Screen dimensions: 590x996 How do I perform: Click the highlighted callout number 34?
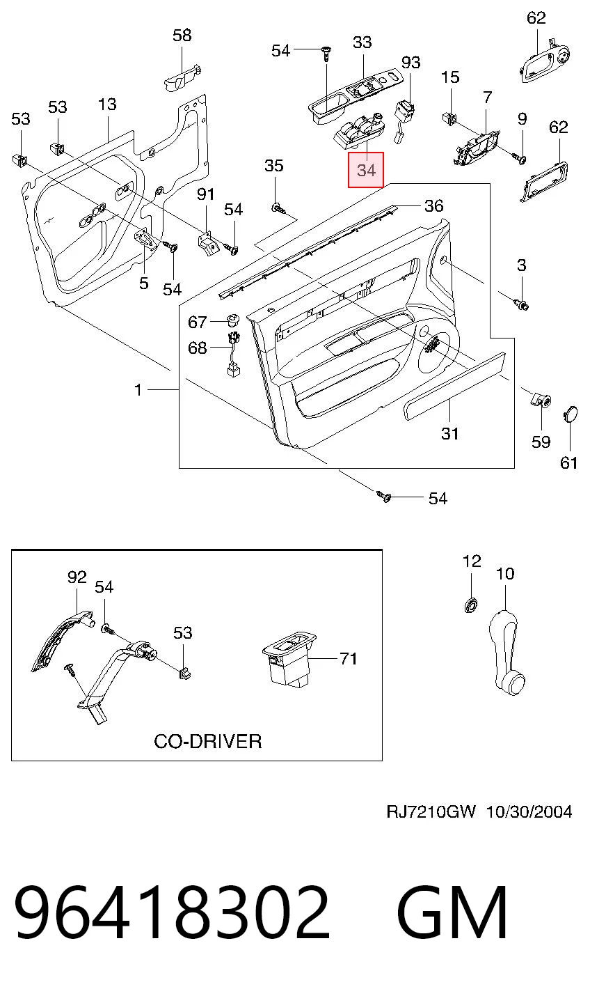pyautogui.click(x=366, y=170)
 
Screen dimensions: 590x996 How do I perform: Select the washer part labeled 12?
pyautogui.click(x=471, y=605)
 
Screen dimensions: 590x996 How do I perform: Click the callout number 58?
pyautogui.click(x=182, y=35)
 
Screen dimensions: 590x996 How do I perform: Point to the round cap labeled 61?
pyautogui.click(x=571, y=414)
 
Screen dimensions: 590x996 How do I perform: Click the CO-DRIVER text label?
pyautogui.click(x=207, y=741)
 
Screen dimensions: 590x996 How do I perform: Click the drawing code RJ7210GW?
pyautogui.click(x=431, y=811)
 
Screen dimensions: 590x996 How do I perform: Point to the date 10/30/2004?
pyautogui.click(x=529, y=812)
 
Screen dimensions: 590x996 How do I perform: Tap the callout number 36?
pyautogui.click(x=433, y=205)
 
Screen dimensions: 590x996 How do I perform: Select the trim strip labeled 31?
pyautogui.click(x=454, y=386)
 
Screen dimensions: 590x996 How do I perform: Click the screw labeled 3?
pyautogui.click(x=522, y=305)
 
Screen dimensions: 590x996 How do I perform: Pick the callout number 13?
pyautogui.click(x=107, y=104)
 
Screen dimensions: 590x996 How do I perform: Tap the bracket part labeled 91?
pyautogui.click(x=207, y=244)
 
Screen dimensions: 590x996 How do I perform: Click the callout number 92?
pyautogui.click(x=77, y=577)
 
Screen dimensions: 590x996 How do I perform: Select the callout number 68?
pyautogui.click(x=198, y=348)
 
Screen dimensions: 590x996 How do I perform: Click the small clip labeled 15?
pyautogui.click(x=449, y=118)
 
